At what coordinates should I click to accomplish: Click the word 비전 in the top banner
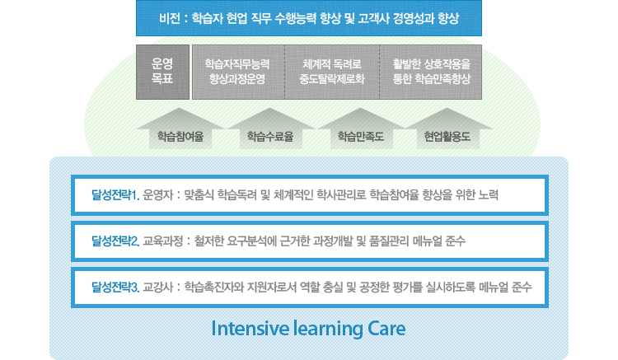pos(170,18)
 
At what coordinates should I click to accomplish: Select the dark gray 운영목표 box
pos(163,72)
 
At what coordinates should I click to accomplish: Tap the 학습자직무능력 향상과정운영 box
pos(238,72)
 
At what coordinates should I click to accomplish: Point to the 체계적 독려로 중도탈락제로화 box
pos(332,72)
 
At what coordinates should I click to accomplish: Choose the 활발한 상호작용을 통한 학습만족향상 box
pos(431,72)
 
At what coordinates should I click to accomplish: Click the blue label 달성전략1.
pos(115,195)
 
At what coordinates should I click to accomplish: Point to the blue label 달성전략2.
pos(115,241)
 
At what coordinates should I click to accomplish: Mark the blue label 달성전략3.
pos(115,288)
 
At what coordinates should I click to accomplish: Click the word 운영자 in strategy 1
pos(158,195)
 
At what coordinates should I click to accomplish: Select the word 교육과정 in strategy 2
pos(163,241)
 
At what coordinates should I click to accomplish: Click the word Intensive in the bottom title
pos(250,329)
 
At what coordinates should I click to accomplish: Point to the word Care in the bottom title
pos(386,329)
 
